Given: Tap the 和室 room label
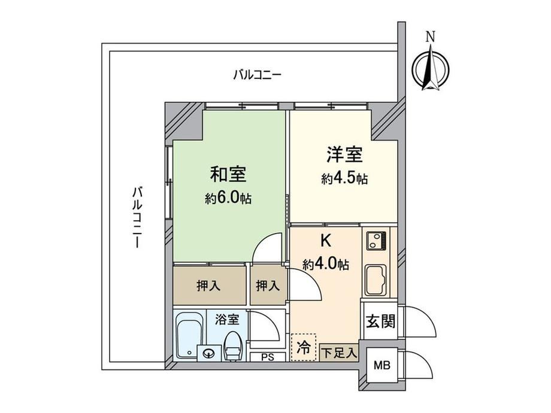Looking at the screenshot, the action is (x=228, y=174).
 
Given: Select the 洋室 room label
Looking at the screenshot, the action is (x=344, y=154).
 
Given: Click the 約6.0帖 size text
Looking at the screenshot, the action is (x=228, y=199).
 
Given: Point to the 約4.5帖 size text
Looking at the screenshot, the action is (x=344, y=179).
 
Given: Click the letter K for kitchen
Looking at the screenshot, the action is (x=326, y=241).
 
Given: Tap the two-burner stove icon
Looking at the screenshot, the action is (x=376, y=240).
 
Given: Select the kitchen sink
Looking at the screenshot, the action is (x=376, y=280).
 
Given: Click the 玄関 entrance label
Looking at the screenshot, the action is (x=381, y=321).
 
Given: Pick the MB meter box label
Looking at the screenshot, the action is (x=382, y=366).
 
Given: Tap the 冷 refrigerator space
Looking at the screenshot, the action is (x=304, y=347).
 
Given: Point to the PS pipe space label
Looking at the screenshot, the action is (x=268, y=357).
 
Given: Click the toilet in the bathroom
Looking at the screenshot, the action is (x=232, y=346).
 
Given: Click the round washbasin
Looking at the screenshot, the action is (x=210, y=353).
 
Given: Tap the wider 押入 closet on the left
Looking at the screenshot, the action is (x=210, y=286).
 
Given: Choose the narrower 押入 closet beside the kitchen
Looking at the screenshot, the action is (x=268, y=286).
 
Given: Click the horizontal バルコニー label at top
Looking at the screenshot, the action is (x=257, y=75).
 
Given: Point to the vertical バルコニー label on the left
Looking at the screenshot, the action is (x=137, y=217).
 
